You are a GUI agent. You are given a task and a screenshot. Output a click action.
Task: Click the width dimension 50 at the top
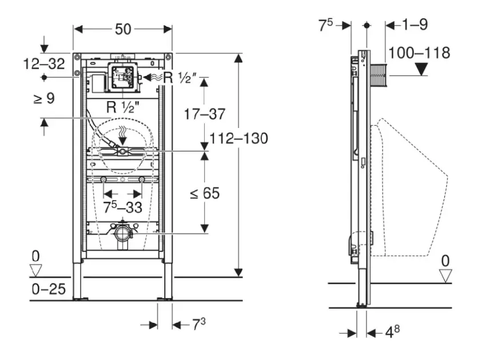point(123,29)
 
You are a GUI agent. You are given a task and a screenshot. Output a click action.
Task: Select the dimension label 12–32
point(44,63)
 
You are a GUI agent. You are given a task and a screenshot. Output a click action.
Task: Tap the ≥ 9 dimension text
point(43,98)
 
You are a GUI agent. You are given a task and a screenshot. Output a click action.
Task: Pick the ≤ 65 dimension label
point(204,193)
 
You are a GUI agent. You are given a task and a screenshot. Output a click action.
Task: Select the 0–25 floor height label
point(48,290)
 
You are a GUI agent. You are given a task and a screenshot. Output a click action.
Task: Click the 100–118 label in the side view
point(419,53)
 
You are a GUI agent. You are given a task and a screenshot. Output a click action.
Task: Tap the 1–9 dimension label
point(415,25)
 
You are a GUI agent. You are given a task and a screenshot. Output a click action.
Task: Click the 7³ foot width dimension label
point(198,325)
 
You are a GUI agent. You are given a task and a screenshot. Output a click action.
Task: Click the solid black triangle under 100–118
point(422,71)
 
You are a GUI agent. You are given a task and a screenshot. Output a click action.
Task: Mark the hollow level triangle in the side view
point(445,275)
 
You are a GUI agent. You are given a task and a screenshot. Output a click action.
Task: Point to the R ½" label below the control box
point(121,106)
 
